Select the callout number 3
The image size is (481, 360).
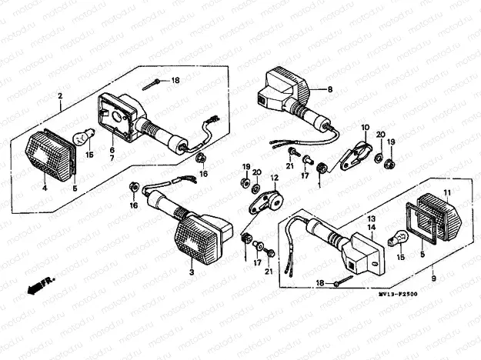pos(191,272)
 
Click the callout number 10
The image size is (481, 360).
pos(364,127)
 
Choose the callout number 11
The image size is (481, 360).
pos(448,192)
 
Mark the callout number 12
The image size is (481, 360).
pos(273,178)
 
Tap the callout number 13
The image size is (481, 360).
pos(370,218)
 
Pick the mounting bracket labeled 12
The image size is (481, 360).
pos(263,203)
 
